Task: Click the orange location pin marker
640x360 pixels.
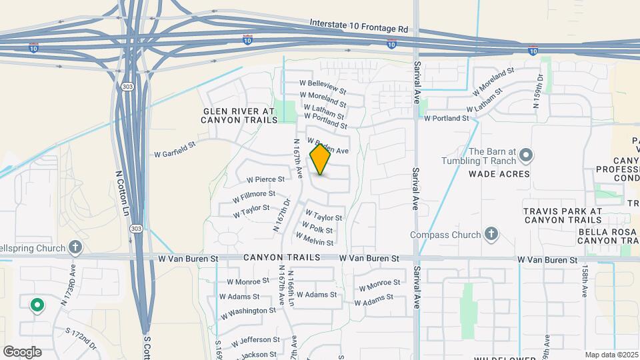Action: pos(321,159)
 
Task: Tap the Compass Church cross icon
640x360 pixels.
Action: pos(491,234)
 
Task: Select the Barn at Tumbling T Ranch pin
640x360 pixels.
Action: pos(526,156)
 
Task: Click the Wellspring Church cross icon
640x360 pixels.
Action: pos(76,248)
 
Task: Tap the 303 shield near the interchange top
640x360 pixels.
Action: pos(127,87)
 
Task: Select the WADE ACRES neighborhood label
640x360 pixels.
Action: pos(499,174)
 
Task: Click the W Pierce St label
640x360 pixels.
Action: pos(265,179)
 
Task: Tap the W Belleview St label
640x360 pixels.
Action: pos(323,87)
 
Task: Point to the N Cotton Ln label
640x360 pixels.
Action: pos(123,192)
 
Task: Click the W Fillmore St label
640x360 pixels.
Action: pos(254,197)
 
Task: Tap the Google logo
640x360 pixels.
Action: pos(22,351)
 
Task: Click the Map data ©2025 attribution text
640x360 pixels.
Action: pos(611,355)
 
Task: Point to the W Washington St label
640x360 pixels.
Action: pos(248,311)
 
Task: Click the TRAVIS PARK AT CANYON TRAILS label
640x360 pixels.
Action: pos(563,215)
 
